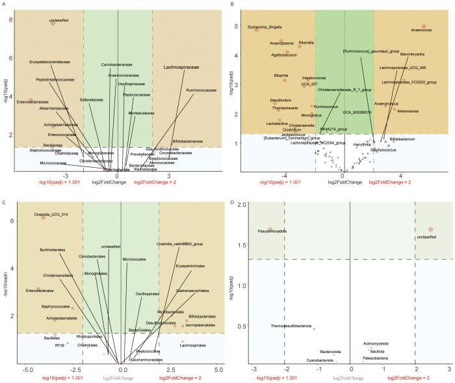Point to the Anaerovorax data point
(x=423, y=27)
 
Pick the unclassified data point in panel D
(x=430, y=229)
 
